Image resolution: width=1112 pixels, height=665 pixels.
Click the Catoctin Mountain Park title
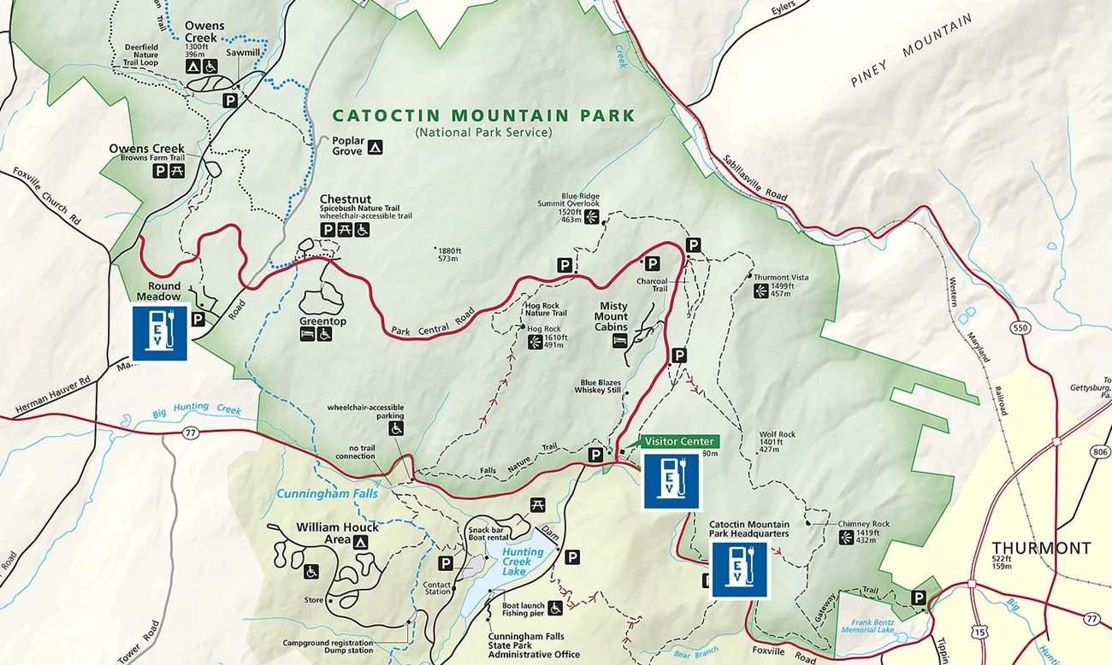[483, 115]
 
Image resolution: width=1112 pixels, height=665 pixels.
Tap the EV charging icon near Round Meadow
[160, 332]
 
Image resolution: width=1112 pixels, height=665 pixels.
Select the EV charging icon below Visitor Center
[671, 481]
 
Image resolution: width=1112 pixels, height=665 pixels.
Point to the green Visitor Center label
[678, 441]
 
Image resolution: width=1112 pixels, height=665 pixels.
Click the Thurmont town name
[1041, 548]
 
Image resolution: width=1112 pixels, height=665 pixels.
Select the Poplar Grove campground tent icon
[375, 148]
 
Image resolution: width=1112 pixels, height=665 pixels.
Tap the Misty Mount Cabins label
[611, 316]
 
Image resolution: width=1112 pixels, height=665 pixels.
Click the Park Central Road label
[433, 325]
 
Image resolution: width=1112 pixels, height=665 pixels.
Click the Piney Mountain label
[911, 50]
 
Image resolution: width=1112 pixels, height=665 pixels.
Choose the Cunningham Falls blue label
[327, 493]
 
